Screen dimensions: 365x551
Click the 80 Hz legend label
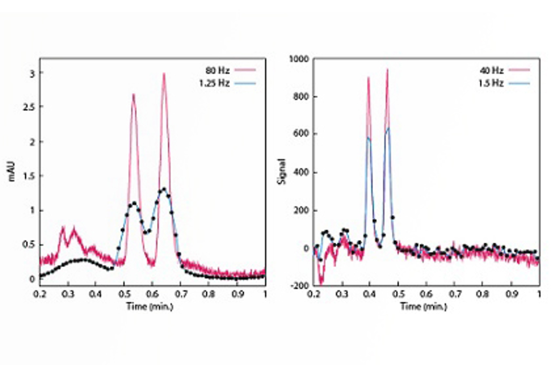(217, 71)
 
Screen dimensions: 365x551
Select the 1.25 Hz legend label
(214, 83)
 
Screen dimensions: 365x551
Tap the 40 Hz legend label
(492, 71)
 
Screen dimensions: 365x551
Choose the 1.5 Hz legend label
(491, 83)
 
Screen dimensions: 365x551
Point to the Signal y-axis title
(282, 171)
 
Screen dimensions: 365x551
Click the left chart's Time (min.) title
(150, 306)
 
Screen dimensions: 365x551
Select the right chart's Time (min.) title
(424, 306)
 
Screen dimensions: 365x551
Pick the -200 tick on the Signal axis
(301, 285)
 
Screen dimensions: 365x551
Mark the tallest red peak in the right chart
(387, 70)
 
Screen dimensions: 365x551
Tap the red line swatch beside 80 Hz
(246, 70)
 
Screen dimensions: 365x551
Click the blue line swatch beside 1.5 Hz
(519, 83)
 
